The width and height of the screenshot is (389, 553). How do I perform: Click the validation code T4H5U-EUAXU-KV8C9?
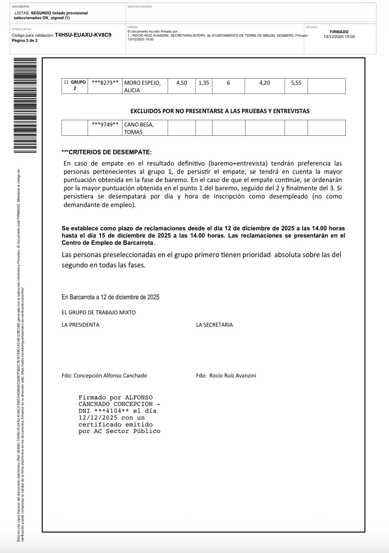tap(83, 35)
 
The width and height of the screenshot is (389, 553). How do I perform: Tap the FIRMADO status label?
tap(339, 32)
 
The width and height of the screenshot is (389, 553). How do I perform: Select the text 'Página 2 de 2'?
tap(25, 40)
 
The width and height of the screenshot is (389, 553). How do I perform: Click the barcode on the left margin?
tap(25, 105)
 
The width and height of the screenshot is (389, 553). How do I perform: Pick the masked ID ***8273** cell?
tap(105, 83)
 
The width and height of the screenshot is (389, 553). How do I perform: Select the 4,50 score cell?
tap(181, 83)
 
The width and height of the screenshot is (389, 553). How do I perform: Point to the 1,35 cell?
tap(204, 83)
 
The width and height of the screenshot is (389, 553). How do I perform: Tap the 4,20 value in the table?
tap(264, 83)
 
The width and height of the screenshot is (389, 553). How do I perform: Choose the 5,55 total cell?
tap(296, 83)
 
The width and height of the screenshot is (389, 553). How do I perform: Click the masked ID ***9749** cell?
tap(105, 124)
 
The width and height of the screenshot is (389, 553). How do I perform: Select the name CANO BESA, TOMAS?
tap(139, 128)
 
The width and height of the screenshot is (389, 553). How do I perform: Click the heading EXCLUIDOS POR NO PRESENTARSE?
tap(220, 111)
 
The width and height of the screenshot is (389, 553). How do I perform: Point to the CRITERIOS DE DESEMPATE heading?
tap(107, 152)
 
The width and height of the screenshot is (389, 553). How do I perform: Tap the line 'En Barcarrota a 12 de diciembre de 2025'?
tap(110, 297)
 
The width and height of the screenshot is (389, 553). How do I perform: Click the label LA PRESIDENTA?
tap(81, 325)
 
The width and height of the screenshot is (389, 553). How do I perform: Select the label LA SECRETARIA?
tap(214, 325)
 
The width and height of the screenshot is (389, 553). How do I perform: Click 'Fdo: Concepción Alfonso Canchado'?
tap(104, 375)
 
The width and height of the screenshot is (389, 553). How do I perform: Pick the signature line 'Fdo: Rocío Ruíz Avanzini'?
tap(226, 375)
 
